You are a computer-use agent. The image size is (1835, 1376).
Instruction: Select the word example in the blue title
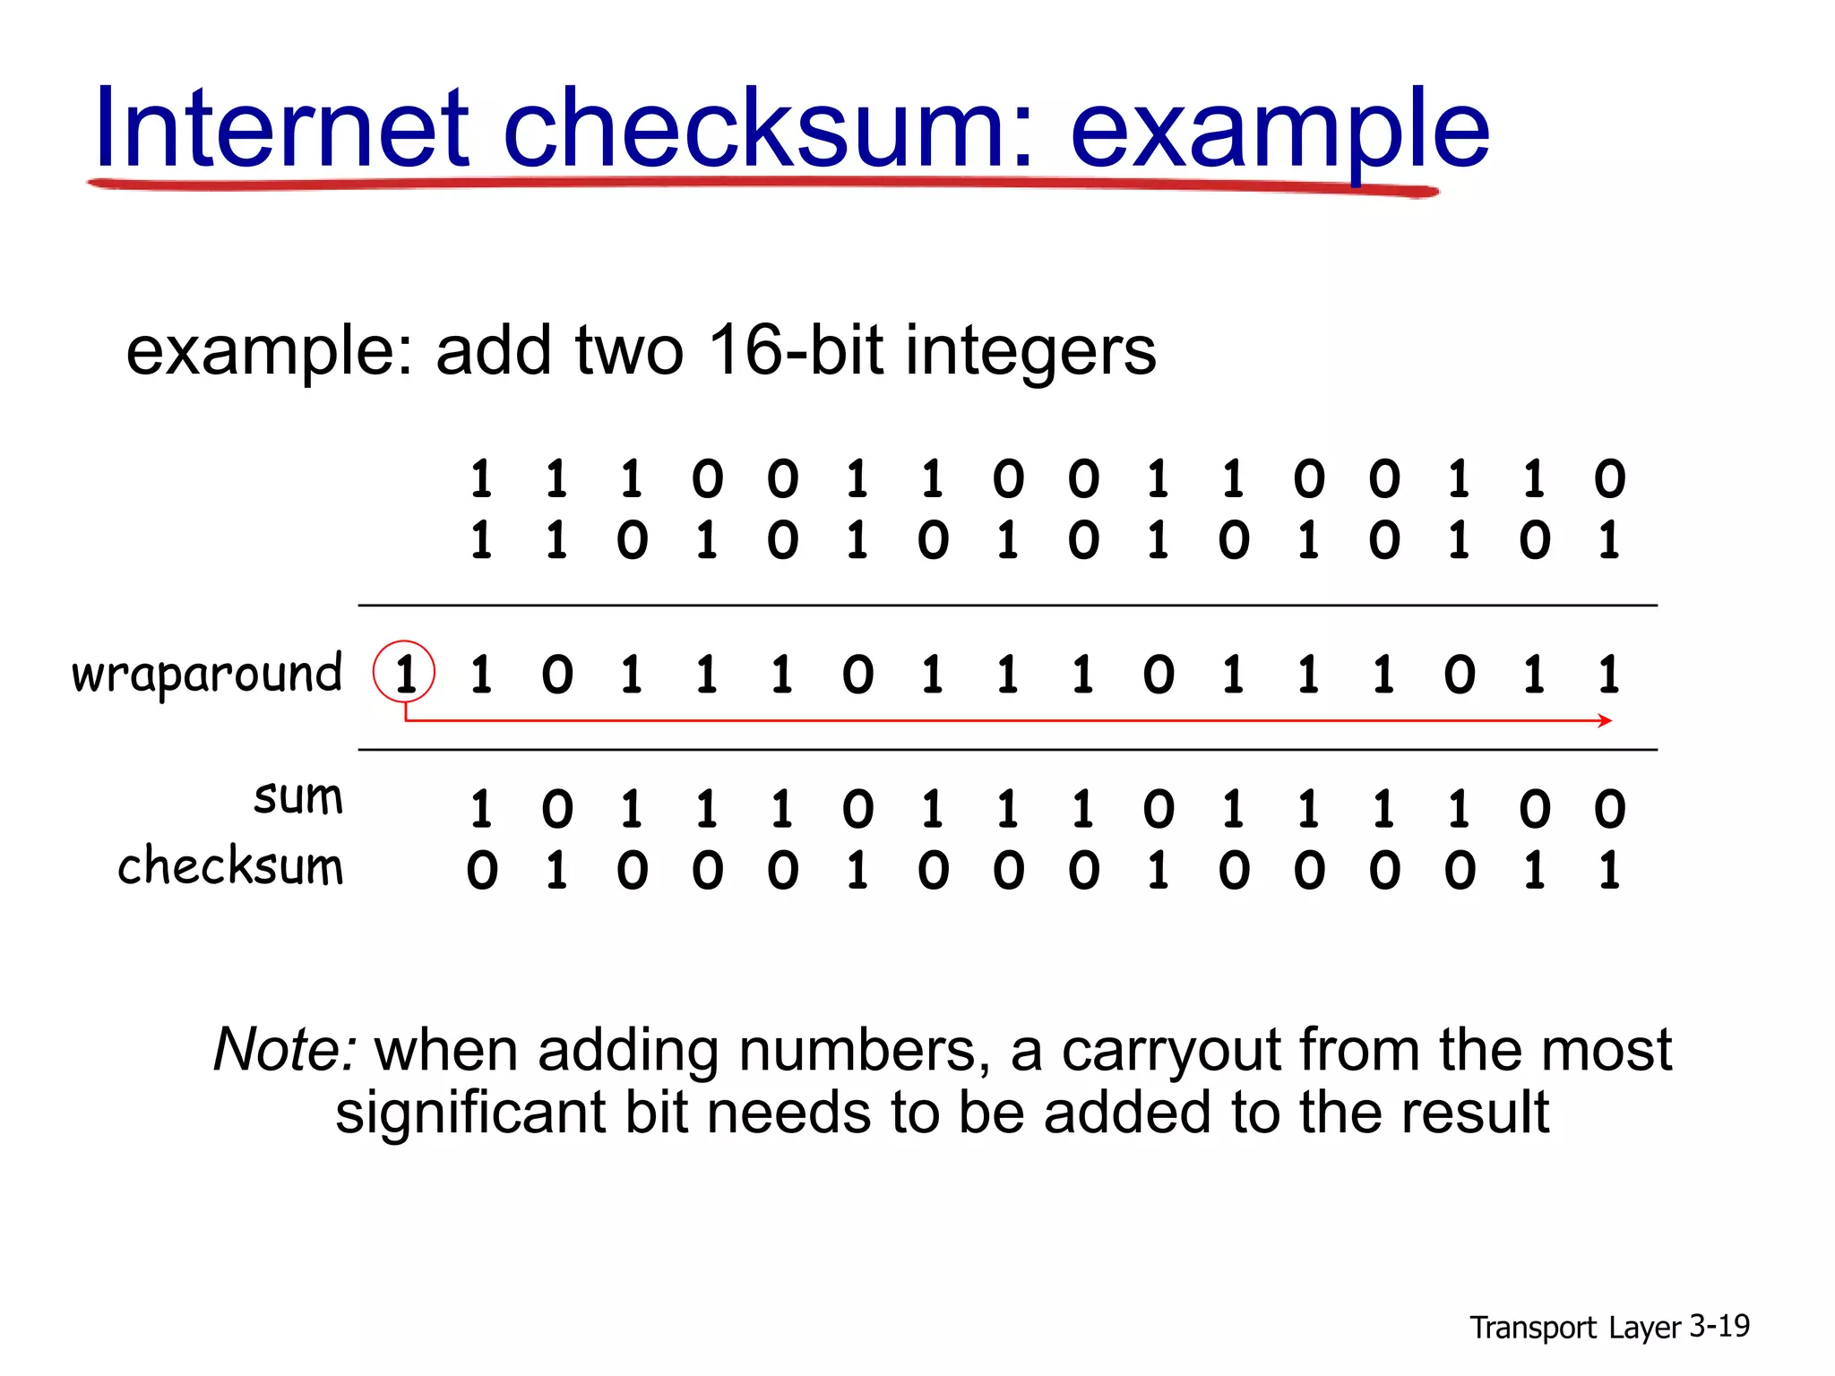[x=1279, y=131]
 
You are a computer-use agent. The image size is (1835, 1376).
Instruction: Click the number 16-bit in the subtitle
[x=794, y=350]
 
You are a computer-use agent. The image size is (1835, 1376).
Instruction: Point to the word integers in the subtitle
[x=1030, y=352]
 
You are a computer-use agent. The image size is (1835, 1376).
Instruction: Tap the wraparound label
[x=207, y=674]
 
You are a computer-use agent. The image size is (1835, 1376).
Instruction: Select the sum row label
[x=298, y=797]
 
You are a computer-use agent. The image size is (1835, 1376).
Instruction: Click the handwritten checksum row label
[x=230, y=867]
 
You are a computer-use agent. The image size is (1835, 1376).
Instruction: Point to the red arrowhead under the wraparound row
[x=1605, y=720]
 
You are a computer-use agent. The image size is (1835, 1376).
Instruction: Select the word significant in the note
[x=470, y=1114]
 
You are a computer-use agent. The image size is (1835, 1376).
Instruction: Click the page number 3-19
[x=1719, y=1326]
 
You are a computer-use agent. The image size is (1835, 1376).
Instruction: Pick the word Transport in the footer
[x=1532, y=1328]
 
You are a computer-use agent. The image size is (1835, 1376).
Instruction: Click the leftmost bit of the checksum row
[x=482, y=871]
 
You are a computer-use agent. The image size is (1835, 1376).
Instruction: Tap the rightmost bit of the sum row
[x=1609, y=809]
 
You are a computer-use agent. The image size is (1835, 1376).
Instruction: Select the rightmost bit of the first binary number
[x=1609, y=479]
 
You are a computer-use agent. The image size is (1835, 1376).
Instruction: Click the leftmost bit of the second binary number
[x=482, y=540]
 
